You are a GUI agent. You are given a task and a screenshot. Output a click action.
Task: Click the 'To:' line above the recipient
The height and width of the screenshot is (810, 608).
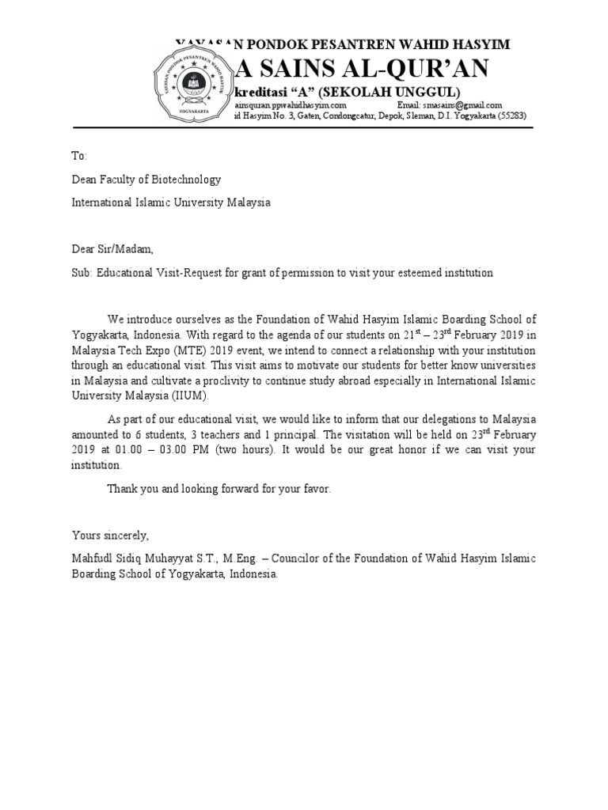pos(80,156)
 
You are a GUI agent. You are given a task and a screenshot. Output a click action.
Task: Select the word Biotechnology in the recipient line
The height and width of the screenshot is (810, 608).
pos(187,180)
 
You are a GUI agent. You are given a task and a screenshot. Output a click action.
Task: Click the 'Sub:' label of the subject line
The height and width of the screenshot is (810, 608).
pos(83,273)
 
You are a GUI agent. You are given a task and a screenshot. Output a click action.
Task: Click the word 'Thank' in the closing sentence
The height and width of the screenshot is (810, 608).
pos(123,489)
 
